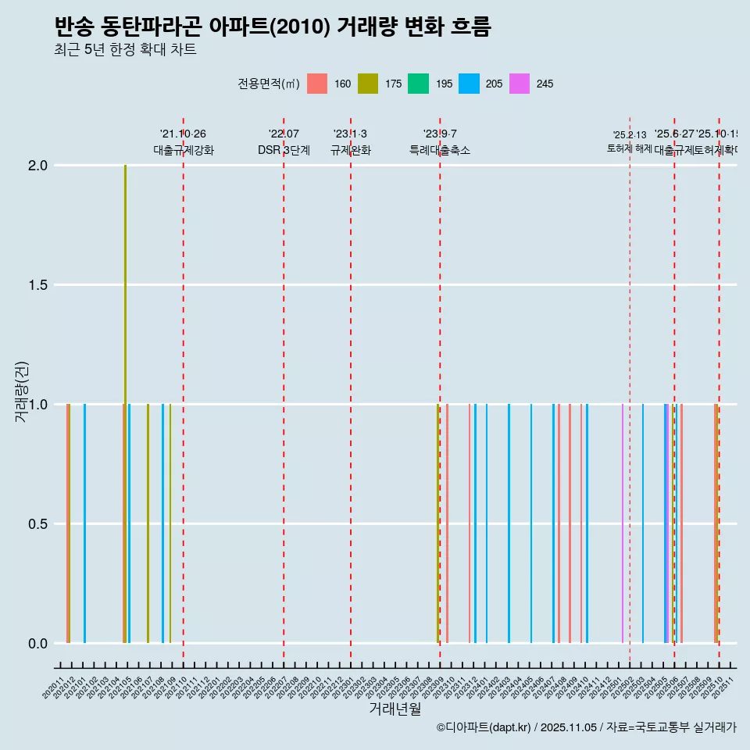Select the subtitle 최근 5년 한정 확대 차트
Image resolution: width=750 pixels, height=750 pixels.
(125, 50)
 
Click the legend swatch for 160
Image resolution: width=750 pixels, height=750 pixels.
(316, 84)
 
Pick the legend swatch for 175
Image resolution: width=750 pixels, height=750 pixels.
(367, 84)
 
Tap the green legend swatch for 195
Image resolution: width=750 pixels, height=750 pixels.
(418, 84)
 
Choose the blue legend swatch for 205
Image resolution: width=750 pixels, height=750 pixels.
(469, 84)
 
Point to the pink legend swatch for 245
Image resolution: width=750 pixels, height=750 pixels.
(519, 84)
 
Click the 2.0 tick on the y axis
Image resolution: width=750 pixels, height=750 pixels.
(38, 166)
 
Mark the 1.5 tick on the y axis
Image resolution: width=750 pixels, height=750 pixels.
(38, 285)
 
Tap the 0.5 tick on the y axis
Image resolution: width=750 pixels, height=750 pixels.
(38, 524)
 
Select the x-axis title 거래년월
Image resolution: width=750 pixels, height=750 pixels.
(395, 709)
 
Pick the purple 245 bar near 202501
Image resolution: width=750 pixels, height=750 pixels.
(623, 523)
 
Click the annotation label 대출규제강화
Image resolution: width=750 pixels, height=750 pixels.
(183, 151)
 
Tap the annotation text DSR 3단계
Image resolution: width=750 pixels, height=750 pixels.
(284, 151)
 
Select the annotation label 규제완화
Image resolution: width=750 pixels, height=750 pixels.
(350, 151)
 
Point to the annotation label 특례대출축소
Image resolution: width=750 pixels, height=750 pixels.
(440, 151)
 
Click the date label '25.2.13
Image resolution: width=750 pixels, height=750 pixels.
(629, 135)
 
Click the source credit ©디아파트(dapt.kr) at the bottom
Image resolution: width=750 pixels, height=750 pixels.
(484, 727)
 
